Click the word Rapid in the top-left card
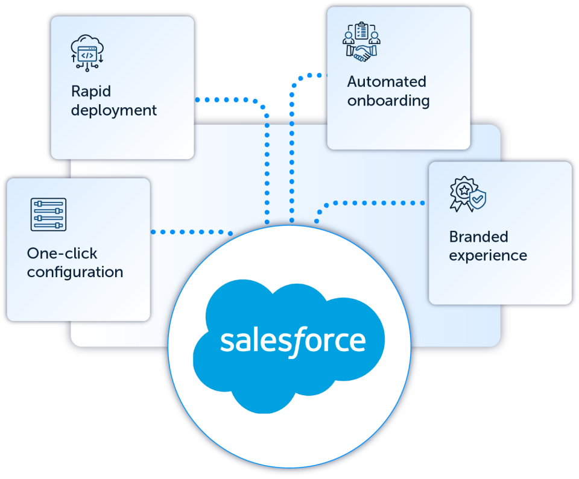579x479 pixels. point(91,92)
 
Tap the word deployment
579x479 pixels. point(114,111)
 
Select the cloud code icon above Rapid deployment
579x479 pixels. point(87,52)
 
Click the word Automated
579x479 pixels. point(387,82)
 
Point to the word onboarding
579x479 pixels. point(388,101)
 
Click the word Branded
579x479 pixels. point(478,237)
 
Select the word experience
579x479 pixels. point(488,256)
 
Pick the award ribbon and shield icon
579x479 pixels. point(467,194)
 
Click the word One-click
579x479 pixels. point(62,253)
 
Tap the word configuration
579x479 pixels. point(75,272)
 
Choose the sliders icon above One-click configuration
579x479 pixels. point(48,214)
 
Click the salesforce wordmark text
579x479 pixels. point(293,341)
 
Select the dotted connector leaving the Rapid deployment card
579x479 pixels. point(229,99)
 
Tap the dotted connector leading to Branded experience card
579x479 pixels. point(374,202)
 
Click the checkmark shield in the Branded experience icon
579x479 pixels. point(477,197)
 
